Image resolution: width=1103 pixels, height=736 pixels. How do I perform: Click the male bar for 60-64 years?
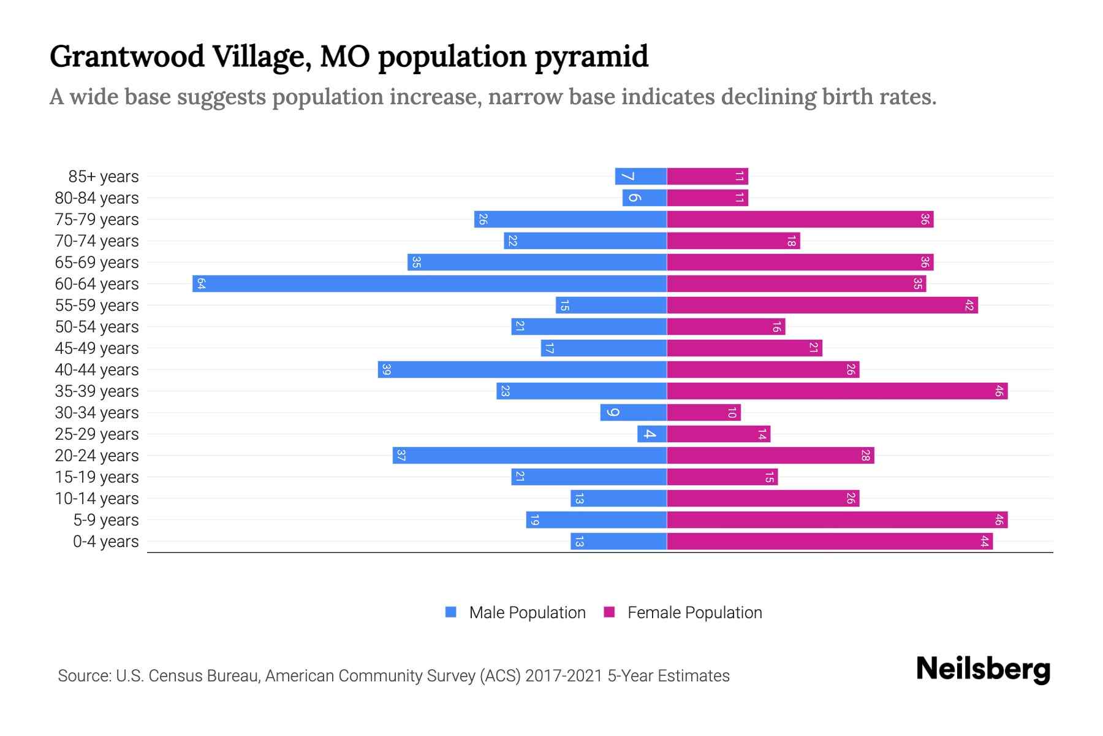pos(429,283)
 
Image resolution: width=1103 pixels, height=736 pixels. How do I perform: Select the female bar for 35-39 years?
pos(836,391)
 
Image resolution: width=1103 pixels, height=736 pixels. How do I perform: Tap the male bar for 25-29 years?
pos(652,434)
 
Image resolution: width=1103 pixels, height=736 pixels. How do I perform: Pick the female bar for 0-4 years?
pos(829,541)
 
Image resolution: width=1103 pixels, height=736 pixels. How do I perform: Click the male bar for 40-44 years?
pos(522,369)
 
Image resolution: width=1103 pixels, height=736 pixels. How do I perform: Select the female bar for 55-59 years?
pos(822,305)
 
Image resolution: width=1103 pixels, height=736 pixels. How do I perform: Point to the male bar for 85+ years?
pos(641,177)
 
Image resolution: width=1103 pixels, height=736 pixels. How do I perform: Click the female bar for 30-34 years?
pos(703,412)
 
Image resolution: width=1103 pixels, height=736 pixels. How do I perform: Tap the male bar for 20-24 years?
pos(529,455)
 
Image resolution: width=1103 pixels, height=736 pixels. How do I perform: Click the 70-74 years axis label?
pos(97,241)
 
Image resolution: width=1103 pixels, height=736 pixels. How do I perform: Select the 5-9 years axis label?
pos(106,520)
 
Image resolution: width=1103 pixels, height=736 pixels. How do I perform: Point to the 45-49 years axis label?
pos(97,348)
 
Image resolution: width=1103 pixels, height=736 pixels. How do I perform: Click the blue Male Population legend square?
pos(451,612)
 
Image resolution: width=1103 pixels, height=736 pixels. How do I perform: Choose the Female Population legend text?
pos(694,612)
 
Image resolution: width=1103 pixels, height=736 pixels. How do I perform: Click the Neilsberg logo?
pos(983,669)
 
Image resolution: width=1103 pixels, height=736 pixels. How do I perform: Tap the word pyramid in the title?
pos(591,57)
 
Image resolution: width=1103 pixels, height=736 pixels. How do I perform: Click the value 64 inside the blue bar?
pos(201,283)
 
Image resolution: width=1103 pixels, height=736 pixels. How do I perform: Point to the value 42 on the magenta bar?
pos(969,305)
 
